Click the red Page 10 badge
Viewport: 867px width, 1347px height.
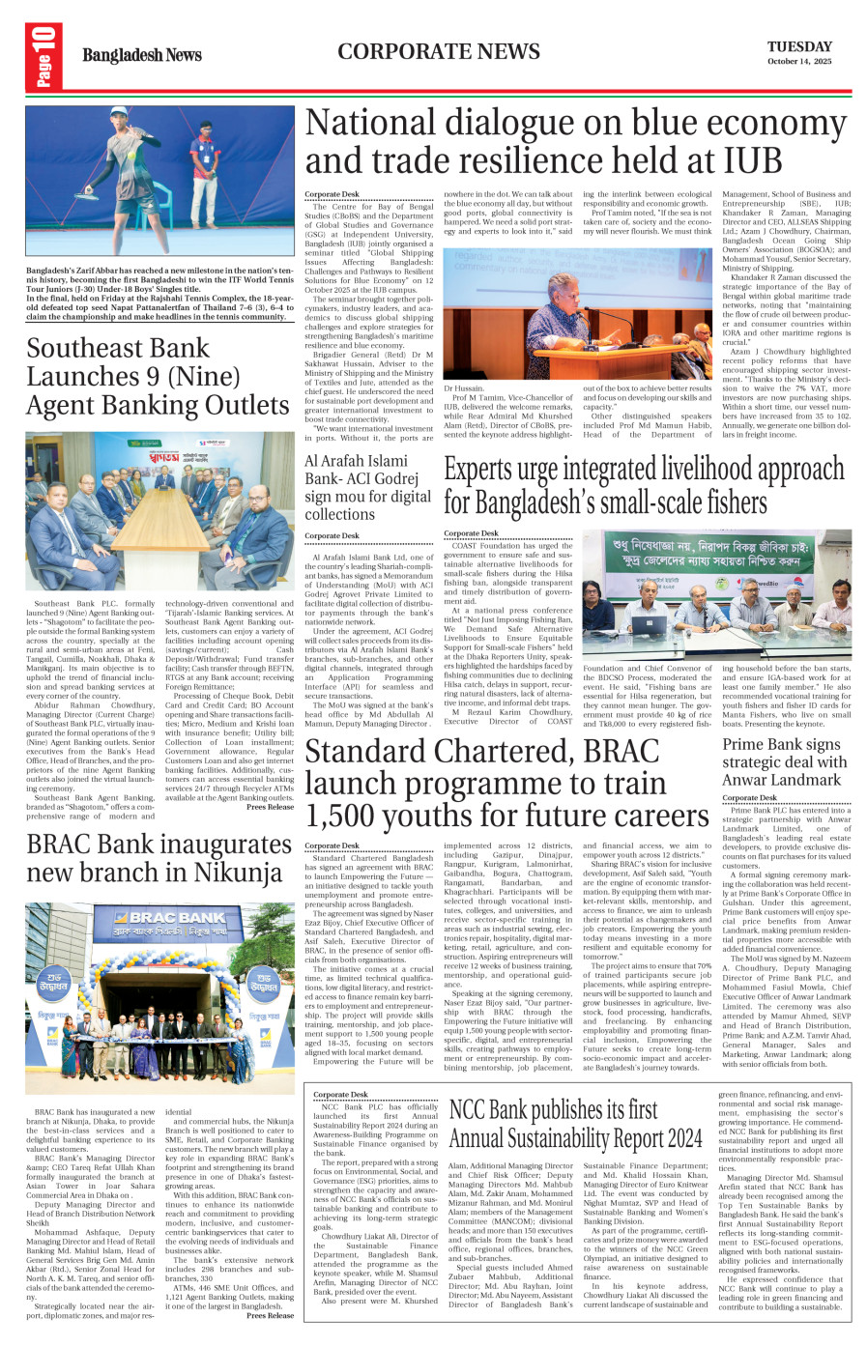(x=43, y=57)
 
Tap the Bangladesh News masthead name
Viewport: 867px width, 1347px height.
(x=141, y=55)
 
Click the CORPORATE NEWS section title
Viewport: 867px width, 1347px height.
(x=439, y=51)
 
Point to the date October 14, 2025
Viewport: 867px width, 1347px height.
(x=798, y=62)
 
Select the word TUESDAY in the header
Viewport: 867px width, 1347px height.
(x=799, y=46)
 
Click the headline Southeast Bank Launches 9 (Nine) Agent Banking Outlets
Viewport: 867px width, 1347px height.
(x=158, y=377)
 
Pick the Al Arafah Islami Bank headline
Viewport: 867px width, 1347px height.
(x=367, y=487)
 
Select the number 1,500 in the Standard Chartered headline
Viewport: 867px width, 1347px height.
(x=349, y=816)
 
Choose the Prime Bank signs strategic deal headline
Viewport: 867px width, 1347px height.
(x=784, y=761)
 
